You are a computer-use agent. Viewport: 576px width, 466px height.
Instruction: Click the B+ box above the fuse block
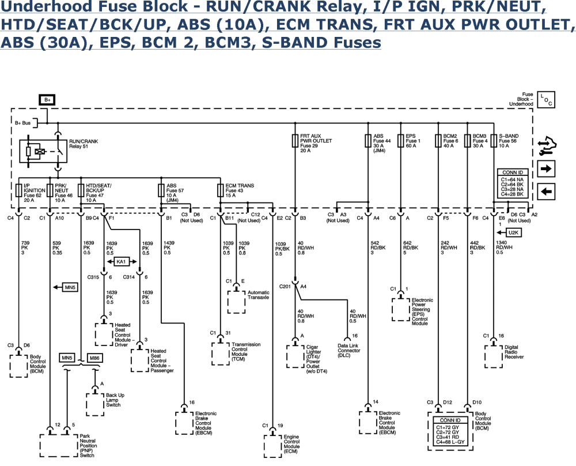47,100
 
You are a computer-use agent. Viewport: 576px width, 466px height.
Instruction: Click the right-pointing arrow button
546,168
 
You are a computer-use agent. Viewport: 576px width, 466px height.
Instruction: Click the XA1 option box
121,261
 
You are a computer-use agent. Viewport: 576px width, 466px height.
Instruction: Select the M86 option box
94,358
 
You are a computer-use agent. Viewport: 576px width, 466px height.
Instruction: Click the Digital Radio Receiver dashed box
493,357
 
